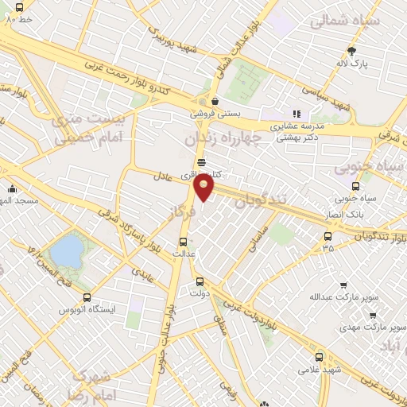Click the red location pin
point(204,188)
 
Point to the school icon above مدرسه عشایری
point(297,114)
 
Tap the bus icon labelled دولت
point(199,281)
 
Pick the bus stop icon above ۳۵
point(328,235)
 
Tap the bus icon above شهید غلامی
point(319,357)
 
